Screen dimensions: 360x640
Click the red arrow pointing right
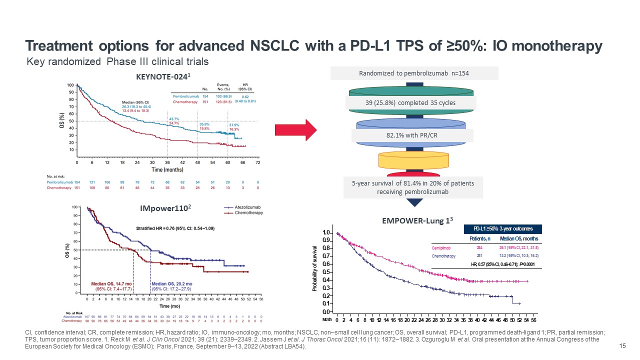[x=296, y=130]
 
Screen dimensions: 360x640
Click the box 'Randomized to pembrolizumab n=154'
[x=414, y=73]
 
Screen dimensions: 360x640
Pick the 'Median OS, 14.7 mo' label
[x=110, y=284]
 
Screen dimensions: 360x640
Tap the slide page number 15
[x=622, y=346]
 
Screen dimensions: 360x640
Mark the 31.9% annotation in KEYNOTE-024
[x=234, y=124]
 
